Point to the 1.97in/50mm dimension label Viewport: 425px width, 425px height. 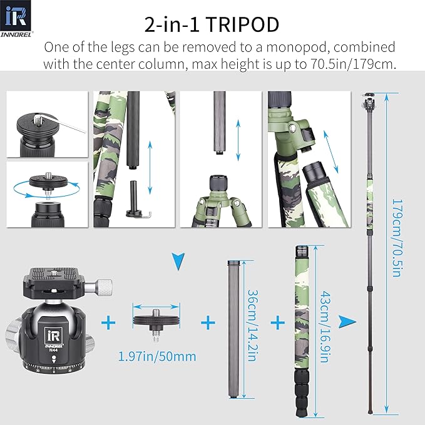(157, 356)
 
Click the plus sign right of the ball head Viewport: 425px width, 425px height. (110, 323)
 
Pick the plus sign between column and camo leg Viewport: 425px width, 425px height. (277, 323)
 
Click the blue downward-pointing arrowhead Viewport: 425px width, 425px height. (179, 258)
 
